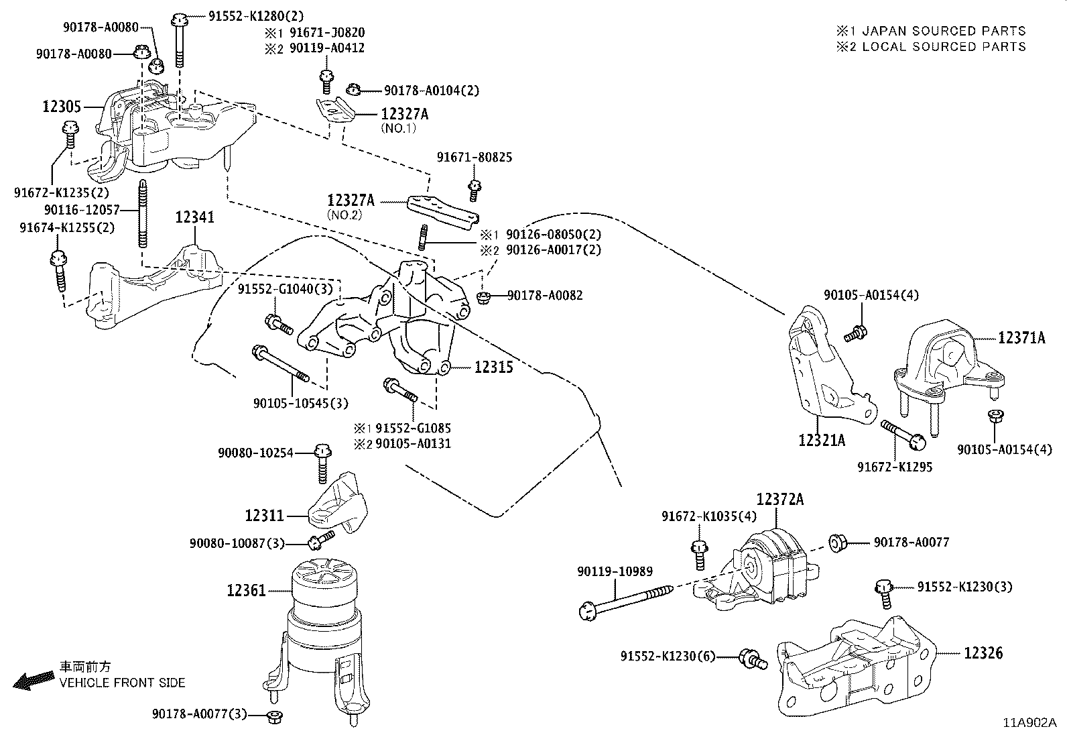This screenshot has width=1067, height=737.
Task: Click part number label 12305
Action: (62, 107)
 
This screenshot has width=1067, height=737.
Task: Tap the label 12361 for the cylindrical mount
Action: (246, 591)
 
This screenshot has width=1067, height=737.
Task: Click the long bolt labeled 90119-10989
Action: (627, 600)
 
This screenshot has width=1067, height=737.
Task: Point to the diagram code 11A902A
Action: (1029, 723)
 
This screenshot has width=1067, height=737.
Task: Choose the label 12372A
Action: (780, 500)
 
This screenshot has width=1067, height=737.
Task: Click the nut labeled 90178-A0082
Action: (482, 296)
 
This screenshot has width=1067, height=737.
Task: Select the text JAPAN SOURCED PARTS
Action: (944, 31)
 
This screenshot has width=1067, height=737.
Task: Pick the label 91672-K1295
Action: (895, 467)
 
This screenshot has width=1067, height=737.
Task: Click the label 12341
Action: (195, 217)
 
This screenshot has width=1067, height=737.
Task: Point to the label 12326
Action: (983, 653)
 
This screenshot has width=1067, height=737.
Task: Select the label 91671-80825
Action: (475, 158)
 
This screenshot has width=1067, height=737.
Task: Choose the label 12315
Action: (494, 367)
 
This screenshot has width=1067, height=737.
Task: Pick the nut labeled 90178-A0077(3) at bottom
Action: (273, 716)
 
